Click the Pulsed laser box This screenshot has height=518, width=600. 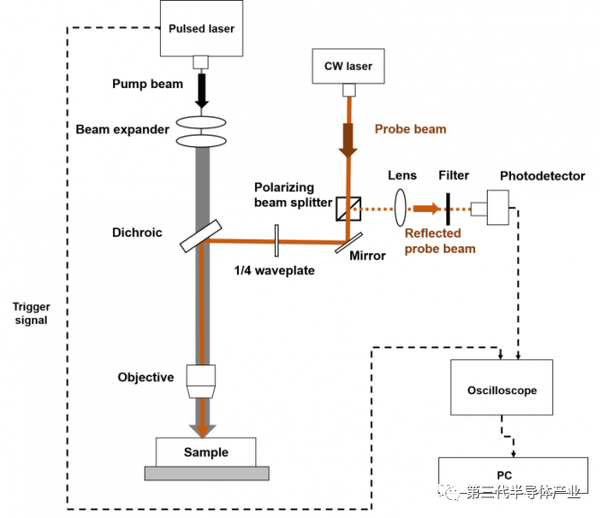(201, 29)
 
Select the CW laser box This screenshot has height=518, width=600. (349, 66)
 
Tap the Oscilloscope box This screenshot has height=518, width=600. (502, 387)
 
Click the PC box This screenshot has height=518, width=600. (513, 475)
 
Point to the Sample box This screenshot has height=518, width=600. (206, 452)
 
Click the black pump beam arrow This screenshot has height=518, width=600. (202, 91)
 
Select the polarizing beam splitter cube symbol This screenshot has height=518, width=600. (349, 208)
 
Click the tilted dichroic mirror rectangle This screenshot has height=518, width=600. (201, 236)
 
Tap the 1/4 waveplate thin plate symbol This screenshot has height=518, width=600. (277, 241)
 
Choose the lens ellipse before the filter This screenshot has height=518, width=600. (401, 207)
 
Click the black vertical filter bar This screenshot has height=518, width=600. (447, 209)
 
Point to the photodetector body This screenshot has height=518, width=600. (498, 207)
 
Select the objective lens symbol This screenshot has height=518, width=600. (201, 382)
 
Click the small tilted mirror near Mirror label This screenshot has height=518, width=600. (349, 243)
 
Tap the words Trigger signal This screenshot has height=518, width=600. (31, 313)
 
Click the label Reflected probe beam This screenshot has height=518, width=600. (440, 241)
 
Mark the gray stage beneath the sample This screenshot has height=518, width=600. (207, 473)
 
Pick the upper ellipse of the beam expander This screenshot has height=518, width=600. (201, 122)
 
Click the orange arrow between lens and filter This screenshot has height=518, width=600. (427, 208)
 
